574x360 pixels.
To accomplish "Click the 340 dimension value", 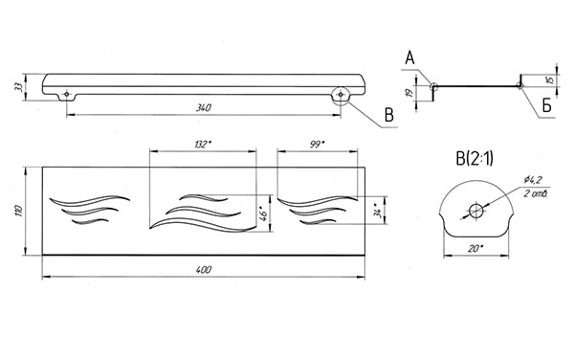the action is [204, 108].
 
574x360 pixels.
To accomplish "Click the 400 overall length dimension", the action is [204, 270].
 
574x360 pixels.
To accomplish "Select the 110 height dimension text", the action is [19, 211].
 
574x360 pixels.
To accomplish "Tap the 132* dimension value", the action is [203, 145].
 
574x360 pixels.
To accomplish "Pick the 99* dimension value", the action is [317, 145].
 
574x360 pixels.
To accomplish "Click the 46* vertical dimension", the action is [263, 214].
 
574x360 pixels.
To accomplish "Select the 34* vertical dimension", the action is [380, 212].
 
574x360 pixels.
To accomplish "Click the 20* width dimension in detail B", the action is [475, 248].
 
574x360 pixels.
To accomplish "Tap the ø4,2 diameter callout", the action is [533, 179].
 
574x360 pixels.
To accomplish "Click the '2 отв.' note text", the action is [535, 193].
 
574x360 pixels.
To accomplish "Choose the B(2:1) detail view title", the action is [475, 159].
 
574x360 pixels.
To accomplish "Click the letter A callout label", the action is [409, 58].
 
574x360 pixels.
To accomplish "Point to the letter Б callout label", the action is [546, 106].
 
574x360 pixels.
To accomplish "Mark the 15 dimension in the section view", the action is [549, 80].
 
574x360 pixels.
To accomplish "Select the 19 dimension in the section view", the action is [410, 92].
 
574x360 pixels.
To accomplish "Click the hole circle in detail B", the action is [476, 211].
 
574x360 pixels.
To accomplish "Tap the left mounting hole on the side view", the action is [66, 94].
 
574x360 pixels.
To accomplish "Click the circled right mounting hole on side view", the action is [341, 95].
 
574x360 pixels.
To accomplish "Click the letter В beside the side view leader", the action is [388, 115].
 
